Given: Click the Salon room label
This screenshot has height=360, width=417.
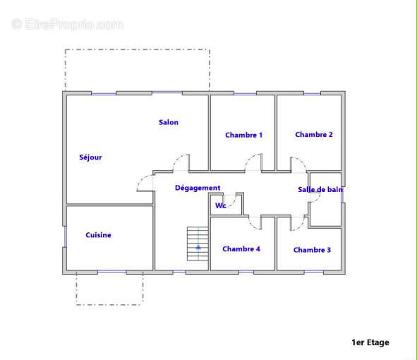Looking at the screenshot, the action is click(x=169, y=122).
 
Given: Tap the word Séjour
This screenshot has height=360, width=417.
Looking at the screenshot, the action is click(x=90, y=157).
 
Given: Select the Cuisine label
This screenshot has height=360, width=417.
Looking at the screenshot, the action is click(x=98, y=235).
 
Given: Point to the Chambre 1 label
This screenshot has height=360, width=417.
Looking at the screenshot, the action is click(x=243, y=135).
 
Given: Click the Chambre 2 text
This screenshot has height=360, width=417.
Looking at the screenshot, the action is click(x=314, y=135).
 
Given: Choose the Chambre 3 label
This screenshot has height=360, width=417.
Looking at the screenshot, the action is click(x=312, y=250).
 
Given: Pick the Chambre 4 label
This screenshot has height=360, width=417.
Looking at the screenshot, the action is click(x=241, y=249).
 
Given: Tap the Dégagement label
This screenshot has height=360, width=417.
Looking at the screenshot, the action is click(x=198, y=188).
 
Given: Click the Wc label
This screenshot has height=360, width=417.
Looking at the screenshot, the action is click(x=220, y=205).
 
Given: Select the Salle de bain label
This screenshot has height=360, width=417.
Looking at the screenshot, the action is click(x=320, y=189).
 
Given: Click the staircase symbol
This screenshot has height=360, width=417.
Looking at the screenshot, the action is click(x=198, y=244).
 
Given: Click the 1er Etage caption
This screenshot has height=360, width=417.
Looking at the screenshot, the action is click(x=370, y=342).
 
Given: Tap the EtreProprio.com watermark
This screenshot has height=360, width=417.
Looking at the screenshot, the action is click(x=67, y=24).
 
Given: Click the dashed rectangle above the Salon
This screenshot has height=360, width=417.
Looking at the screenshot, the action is click(x=137, y=49).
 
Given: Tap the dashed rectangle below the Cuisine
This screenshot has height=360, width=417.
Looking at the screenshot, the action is click(x=109, y=305).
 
